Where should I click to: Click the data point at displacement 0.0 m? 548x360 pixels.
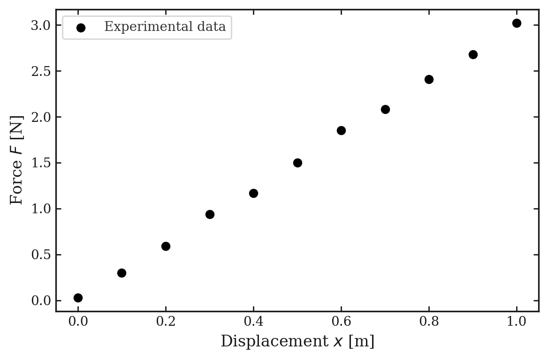[78, 298]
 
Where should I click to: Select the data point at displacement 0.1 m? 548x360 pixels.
[122, 273]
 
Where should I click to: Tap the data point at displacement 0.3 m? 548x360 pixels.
[210, 214]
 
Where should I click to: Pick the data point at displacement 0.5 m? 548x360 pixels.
[297, 163]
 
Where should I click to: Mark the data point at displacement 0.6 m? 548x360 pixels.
[341, 130]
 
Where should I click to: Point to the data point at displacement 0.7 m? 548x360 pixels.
[385, 109]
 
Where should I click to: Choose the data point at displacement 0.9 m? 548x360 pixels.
[473, 54]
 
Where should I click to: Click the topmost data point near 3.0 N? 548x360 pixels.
[517, 23]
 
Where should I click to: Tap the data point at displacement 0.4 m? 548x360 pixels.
[253, 193]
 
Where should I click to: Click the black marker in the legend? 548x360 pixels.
[81, 28]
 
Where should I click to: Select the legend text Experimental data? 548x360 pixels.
[165, 27]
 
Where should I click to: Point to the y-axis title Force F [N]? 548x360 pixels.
[17, 160]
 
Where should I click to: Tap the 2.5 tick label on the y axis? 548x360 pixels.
[40, 71]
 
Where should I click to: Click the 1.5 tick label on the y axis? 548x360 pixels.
[40, 163]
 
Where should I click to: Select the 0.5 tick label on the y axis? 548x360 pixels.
[40, 255]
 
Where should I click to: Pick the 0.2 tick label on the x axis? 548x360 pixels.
[166, 322]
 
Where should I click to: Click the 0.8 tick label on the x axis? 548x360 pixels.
[429, 322]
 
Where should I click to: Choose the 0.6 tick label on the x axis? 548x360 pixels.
[341, 322]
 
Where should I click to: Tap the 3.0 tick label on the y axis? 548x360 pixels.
[40, 25]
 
